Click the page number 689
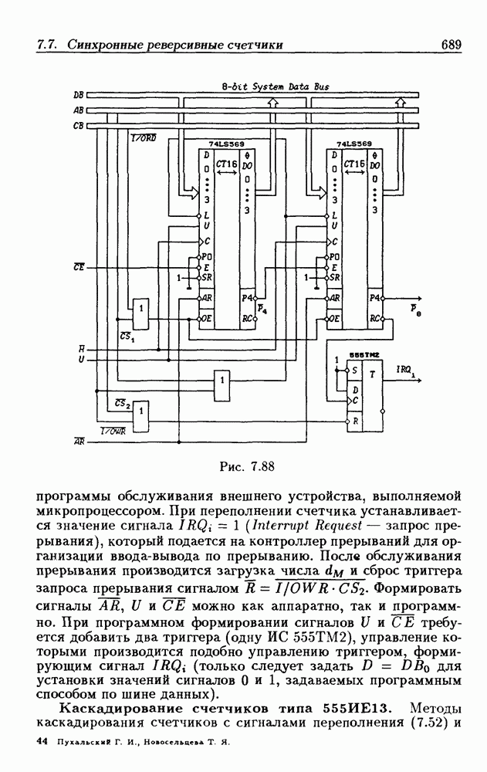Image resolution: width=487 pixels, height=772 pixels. (451, 45)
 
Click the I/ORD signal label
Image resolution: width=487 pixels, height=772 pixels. (144, 138)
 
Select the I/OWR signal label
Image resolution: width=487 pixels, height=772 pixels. (113, 431)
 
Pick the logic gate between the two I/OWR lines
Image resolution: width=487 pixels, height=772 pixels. (140, 418)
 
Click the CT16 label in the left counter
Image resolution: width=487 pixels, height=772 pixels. (225, 164)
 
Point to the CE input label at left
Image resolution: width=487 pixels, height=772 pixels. (79, 267)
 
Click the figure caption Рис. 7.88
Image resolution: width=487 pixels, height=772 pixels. (243, 466)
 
